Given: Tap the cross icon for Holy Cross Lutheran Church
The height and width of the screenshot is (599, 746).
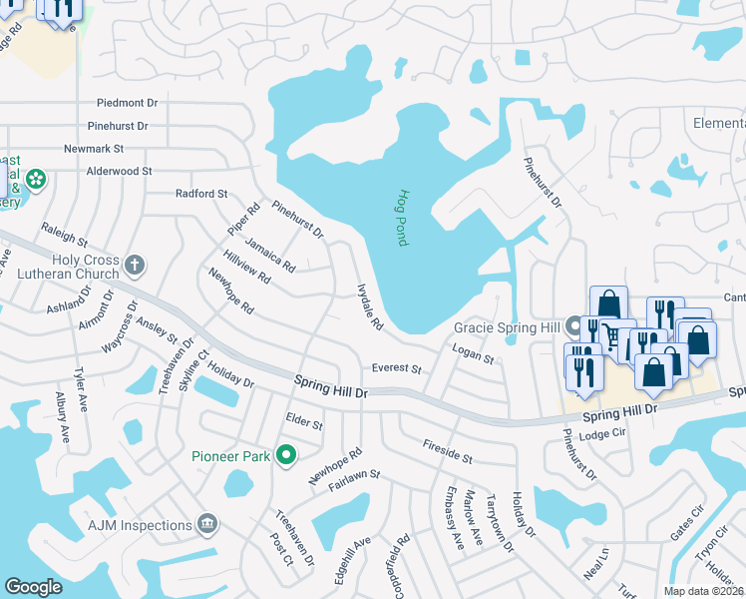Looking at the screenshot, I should [x=135, y=265].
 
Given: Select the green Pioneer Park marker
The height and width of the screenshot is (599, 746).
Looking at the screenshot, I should [x=287, y=456].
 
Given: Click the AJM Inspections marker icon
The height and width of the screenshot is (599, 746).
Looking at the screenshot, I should [x=207, y=524].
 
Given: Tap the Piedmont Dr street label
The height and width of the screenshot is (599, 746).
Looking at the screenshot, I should [x=128, y=103].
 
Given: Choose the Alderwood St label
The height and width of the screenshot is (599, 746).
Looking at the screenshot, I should [x=119, y=171].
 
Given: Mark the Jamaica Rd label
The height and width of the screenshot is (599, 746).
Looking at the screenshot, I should [x=270, y=255].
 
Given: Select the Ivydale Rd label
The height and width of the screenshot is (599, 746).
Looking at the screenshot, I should [x=370, y=305].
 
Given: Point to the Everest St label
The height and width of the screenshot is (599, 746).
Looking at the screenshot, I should [x=397, y=368].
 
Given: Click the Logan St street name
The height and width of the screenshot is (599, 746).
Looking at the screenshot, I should [x=473, y=353].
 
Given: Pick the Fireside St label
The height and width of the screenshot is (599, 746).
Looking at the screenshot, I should [x=447, y=451].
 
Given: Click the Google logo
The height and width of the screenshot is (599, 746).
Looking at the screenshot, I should [x=33, y=587].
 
